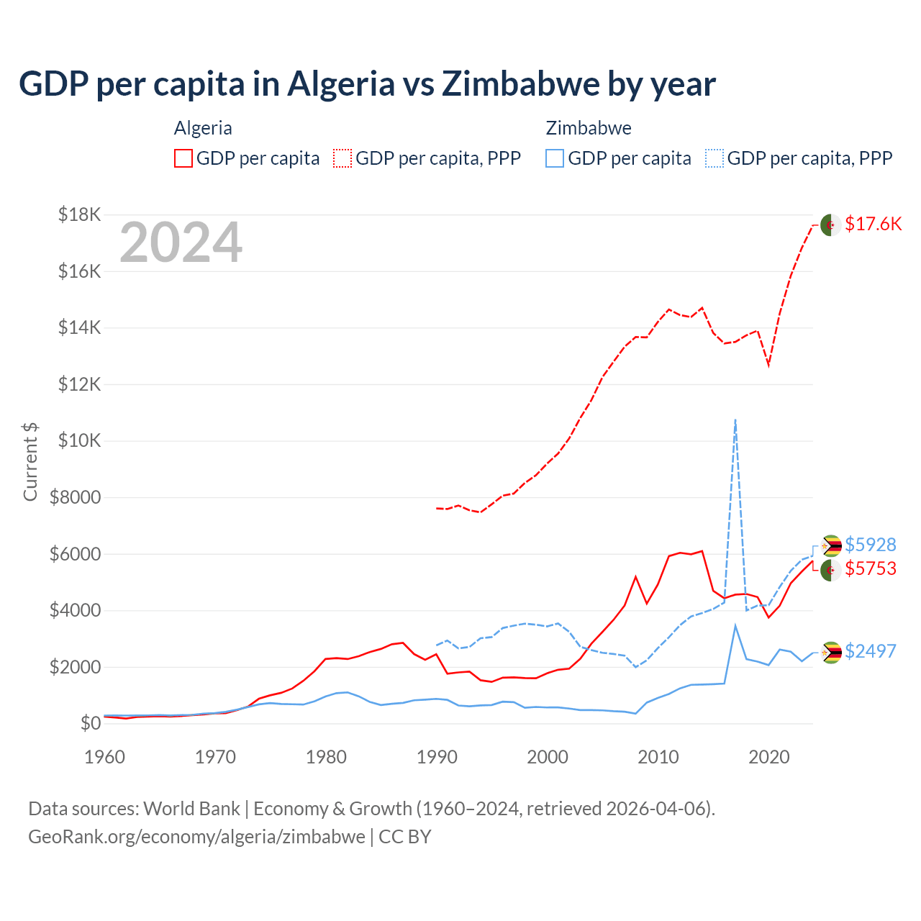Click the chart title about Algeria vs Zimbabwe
coord(367,83)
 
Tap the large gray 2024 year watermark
coord(181,243)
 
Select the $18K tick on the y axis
coord(79,214)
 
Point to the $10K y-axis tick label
coord(79,440)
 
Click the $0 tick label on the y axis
coord(90,723)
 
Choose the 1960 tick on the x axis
coord(105,757)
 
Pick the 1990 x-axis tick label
coord(437,757)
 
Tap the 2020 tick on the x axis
coord(769,757)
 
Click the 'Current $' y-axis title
coord(30,462)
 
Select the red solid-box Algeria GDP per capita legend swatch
coord(183,158)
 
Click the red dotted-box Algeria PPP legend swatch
coord(342,158)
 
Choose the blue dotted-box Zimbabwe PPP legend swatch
coord(714,158)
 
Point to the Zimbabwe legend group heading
coord(589,128)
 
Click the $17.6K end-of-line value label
coord(873,224)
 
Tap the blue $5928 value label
coord(870,545)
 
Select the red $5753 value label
coord(870,568)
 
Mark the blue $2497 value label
coord(870,651)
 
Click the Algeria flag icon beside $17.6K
coord(831,224)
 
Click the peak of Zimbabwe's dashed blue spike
coord(735,419)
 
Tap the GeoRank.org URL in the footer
coord(196,837)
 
